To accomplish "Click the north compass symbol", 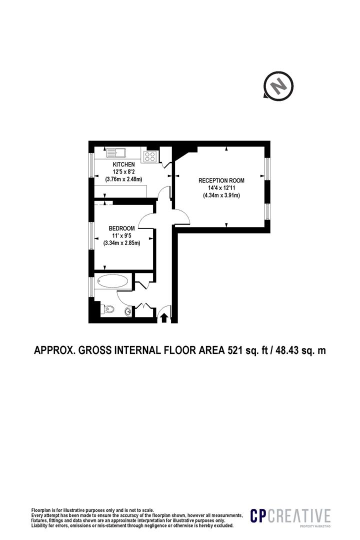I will click(x=278, y=85).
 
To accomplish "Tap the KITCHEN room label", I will click(x=123, y=164).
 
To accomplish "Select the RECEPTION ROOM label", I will click(x=221, y=180).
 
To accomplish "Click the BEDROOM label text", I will click(x=121, y=228).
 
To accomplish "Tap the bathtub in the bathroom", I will click(x=113, y=281).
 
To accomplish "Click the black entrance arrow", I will click(x=163, y=317).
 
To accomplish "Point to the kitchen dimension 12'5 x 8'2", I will click(x=123, y=172).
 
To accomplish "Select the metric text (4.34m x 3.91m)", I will click(x=221, y=195).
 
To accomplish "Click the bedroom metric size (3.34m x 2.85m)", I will click(x=121, y=243).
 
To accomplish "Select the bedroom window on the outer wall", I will click(x=91, y=235).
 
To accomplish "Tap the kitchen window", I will click(x=91, y=164).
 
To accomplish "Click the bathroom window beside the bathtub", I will click(x=91, y=283).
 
